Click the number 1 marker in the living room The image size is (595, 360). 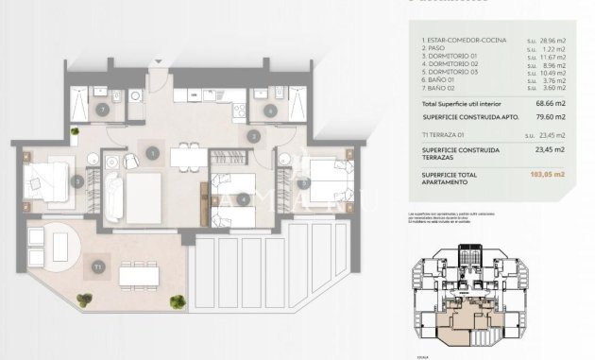point(152,152)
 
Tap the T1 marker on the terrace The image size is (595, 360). point(97,267)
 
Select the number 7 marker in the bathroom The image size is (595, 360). point(102,110)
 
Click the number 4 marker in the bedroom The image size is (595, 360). point(244,198)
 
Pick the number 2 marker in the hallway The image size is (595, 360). point(252,136)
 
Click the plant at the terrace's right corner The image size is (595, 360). point(177,302)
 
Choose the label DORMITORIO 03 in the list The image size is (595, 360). point(450,73)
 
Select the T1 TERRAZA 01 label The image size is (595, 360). point(450,134)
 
